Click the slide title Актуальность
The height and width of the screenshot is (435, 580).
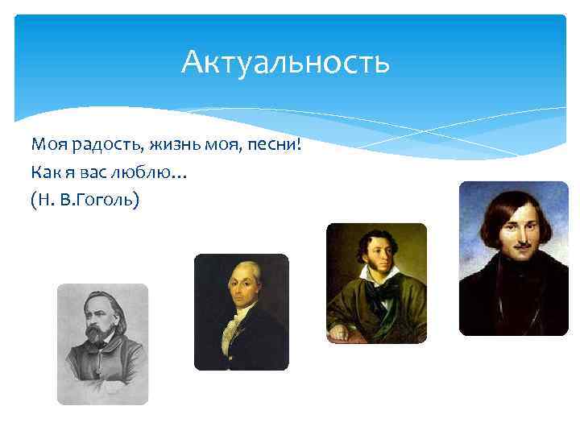(x=285, y=61)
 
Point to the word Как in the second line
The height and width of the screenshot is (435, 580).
(x=43, y=171)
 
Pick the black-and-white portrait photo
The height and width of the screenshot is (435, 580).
(x=102, y=343)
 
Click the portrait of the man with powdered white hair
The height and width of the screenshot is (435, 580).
(x=241, y=312)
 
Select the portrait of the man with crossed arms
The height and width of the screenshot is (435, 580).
(x=376, y=283)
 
